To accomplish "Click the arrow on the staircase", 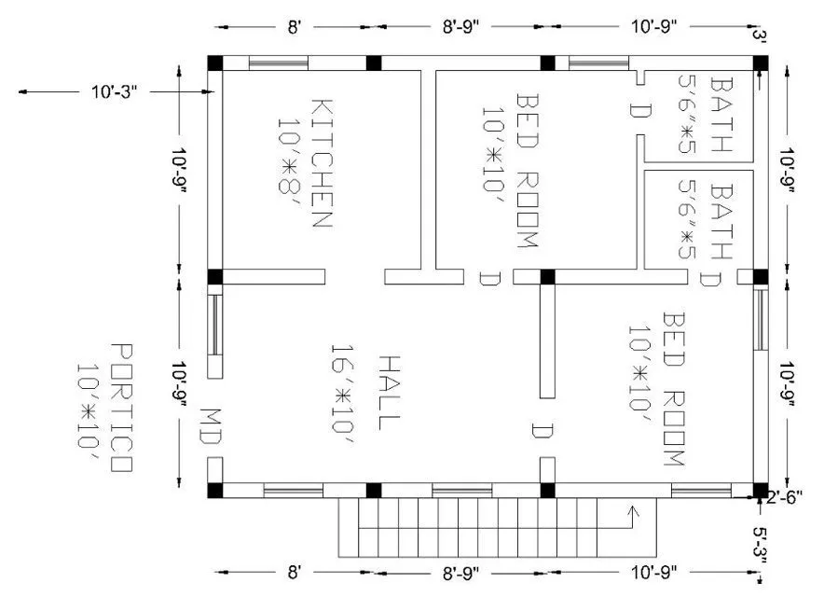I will pos(634,511).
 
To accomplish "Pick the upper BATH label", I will pos(721,115).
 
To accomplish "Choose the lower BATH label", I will pos(721,220).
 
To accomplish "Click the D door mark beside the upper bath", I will pos(639,111).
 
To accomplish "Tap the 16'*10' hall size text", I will pos(342,386).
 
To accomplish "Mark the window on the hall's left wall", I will pos(214,325).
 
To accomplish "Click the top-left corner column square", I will pos(215,62).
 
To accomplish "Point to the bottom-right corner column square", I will pos(760,490).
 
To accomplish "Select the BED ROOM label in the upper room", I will pos(528,169).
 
